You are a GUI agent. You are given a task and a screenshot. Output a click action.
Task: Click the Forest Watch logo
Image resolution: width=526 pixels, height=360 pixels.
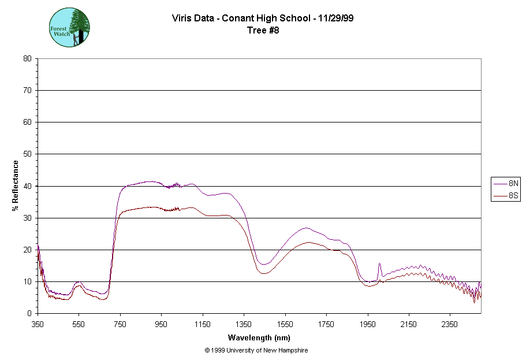tap(69, 28)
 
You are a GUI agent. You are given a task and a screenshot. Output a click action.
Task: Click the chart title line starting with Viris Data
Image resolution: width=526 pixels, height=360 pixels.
tap(263, 18)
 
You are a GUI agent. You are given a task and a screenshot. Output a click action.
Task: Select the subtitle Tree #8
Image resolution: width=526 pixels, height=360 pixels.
tap(263, 30)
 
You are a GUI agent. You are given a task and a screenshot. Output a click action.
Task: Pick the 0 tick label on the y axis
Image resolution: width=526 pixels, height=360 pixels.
tap(29, 313)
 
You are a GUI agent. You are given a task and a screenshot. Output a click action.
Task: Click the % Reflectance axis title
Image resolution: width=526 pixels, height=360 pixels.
tap(16, 185)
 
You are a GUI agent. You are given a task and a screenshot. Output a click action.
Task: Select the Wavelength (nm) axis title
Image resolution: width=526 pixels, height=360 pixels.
tap(259, 337)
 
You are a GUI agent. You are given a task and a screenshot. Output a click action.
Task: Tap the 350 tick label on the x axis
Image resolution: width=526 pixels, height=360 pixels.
tap(38, 324)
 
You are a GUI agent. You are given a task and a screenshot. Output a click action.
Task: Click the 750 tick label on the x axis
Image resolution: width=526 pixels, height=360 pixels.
tap(120, 324)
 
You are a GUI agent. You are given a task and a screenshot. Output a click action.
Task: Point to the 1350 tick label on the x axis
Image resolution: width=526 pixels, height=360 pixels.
tap(244, 324)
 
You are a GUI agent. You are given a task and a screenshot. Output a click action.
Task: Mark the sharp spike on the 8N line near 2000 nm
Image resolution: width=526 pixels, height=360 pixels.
tap(379, 263)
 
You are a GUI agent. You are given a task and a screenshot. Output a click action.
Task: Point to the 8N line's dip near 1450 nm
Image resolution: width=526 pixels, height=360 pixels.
tap(264, 264)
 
